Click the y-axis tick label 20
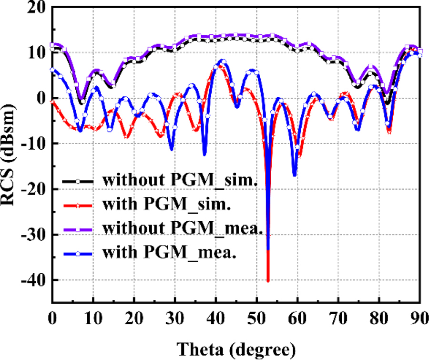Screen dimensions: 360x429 (x=36, y=8)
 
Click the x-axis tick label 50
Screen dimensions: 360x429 (x=256, y=317)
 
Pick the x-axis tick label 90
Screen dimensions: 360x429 (x=419, y=317)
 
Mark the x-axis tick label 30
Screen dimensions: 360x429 (x=174, y=317)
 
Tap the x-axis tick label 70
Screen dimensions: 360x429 (x=338, y=317)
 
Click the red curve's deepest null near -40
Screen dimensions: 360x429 (x=268, y=281)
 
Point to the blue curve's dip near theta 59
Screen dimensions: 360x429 (x=295, y=175)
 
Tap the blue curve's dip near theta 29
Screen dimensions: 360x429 (x=172, y=150)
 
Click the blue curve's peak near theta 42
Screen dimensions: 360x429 (x=223, y=61)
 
